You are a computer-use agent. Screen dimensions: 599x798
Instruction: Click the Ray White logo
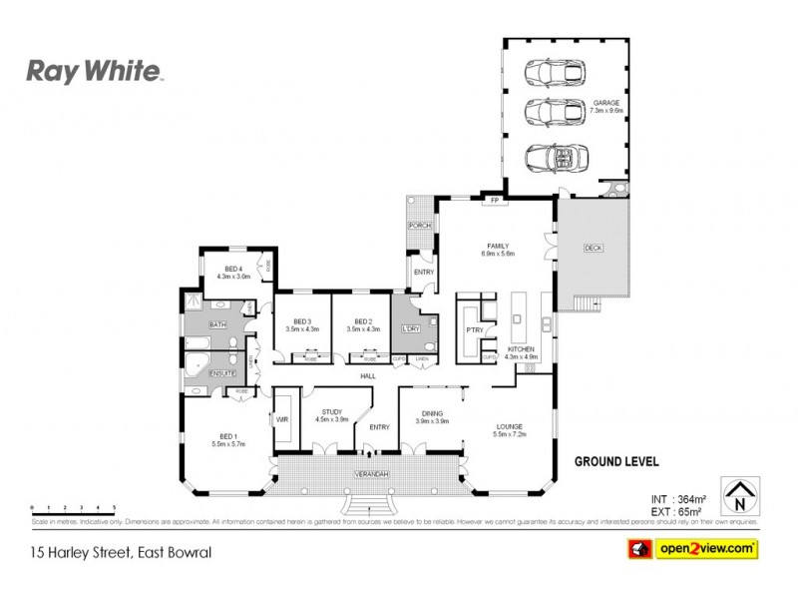coord(93,71)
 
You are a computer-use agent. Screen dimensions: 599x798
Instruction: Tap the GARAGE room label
coord(605,103)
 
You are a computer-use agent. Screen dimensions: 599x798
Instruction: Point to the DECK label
coord(593,248)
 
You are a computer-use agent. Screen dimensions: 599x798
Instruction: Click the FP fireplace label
coord(493,202)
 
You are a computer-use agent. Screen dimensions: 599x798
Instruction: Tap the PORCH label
coord(419,226)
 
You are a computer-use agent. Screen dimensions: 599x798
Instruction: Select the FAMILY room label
coord(497,246)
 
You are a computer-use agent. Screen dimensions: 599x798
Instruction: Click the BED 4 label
coord(233,270)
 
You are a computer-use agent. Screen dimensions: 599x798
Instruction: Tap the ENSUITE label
coord(221,373)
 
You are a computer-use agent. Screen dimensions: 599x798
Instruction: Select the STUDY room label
coord(331,412)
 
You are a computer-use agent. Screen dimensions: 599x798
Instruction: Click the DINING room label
coord(433,412)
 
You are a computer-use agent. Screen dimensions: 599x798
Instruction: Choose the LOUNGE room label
coord(510,427)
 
